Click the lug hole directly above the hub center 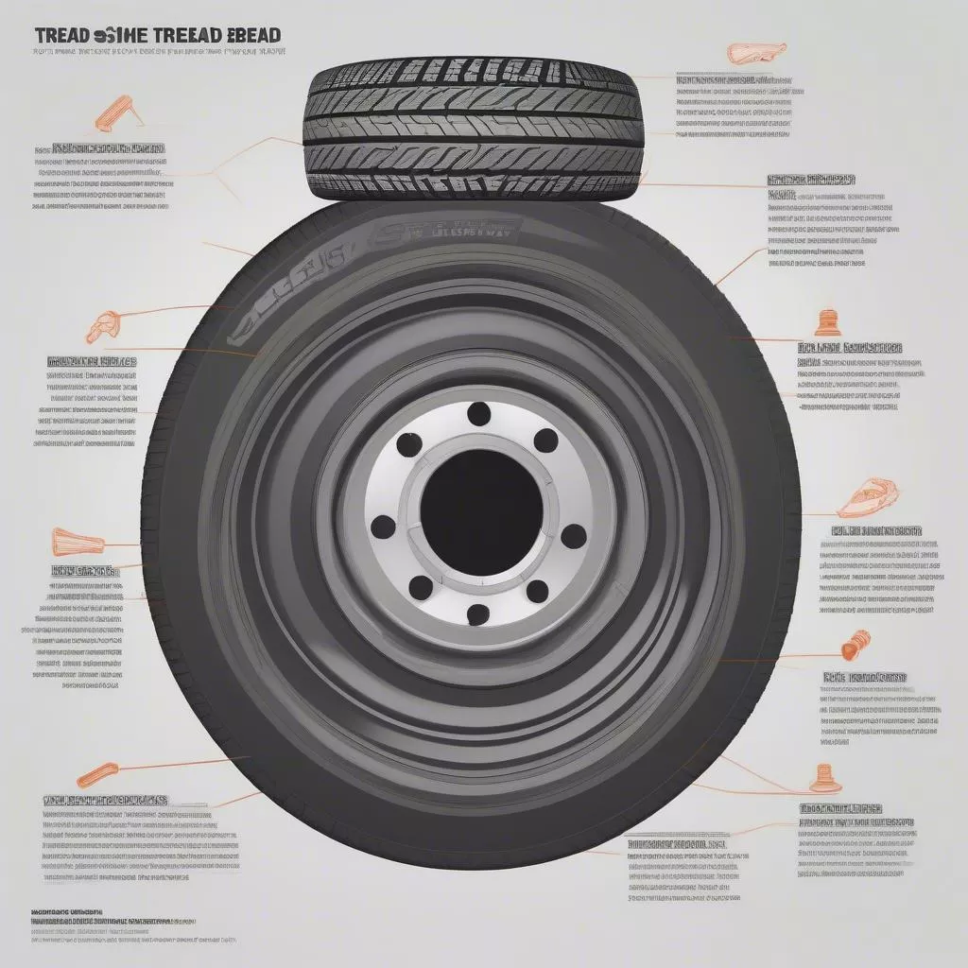click(x=478, y=413)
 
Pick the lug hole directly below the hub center click(x=479, y=614)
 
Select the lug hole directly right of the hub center click(x=573, y=537)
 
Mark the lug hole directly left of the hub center click(x=383, y=526)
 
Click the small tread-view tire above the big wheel click(x=472, y=131)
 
